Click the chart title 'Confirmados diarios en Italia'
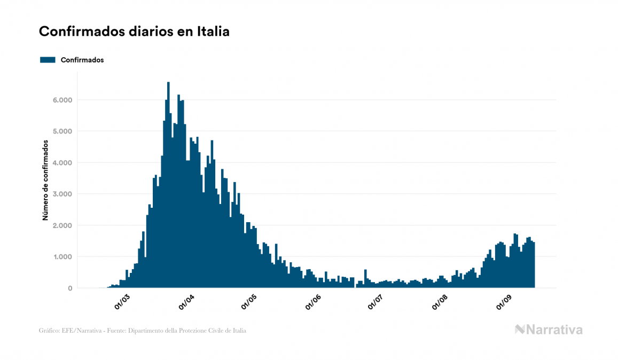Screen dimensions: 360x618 point(134,32)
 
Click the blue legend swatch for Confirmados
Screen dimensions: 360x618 point(48,60)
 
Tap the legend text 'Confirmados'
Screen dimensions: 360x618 point(82,60)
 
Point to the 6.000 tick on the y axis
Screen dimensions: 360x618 point(62,100)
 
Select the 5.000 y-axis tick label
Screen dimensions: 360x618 point(62,131)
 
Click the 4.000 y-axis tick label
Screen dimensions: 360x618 point(62,163)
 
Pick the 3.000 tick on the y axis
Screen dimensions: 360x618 point(62,194)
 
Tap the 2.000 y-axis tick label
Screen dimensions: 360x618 point(62,225)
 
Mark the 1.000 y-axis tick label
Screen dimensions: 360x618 point(62,257)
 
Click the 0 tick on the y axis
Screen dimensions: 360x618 point(70,288)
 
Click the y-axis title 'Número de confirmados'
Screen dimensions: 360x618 point(46,181)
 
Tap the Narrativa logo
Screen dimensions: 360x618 point(549,330)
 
